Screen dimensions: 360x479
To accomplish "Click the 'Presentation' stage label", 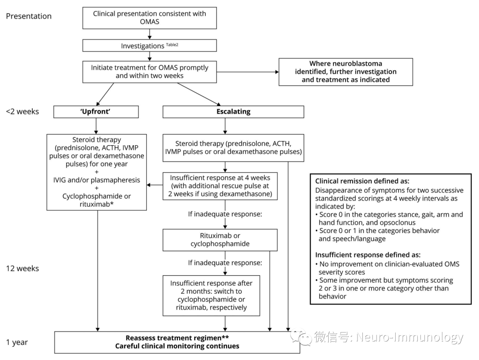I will pyautogui.click(x=28, y=16).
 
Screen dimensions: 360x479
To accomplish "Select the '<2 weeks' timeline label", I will pyautogui.click(x=22, y=111).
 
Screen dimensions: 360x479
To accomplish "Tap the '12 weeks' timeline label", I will pyautogui.click(x=22, y=269).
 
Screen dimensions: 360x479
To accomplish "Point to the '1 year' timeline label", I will pyautogui.click(x=17, y=342).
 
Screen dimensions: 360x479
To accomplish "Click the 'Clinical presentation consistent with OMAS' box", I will pyautogui.click(x=149, y=17).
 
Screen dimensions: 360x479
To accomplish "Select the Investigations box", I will pyautogui.click(x=149, y=46).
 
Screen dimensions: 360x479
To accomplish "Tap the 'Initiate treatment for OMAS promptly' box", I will pyautogui.click(x=149, y=72).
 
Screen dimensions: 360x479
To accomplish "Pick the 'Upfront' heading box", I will pyautogui.click(x=96, y=112).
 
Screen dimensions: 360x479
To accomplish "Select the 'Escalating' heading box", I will pyautogui.click(x=233, y=112).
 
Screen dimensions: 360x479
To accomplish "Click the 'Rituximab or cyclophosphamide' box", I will pyautogui.click(x=220, y=240).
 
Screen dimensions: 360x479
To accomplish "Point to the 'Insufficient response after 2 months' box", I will pyautogui.click(x=211, y=295).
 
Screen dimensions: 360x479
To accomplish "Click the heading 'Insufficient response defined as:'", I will pyautogui.click(x=368, y=255).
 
